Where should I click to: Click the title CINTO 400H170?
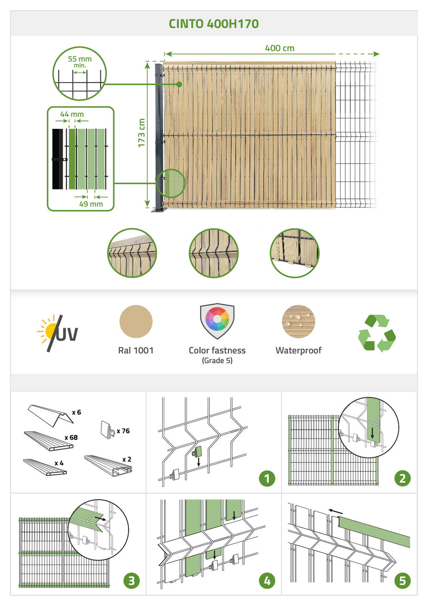(214, 24)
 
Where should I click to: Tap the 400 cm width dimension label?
(280, 48)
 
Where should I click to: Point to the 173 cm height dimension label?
(141, 133)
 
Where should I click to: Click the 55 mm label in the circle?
(80, 59)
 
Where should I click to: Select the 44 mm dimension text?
(72, 114)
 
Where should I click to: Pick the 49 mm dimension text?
(91, 204)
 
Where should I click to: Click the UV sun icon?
(57, 333)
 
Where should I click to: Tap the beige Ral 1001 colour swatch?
(136, 322)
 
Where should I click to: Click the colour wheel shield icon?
(217, 321)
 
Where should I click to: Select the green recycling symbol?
(377, 333)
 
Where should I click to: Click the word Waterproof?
(299, 350)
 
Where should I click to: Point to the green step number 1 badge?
(267, 479)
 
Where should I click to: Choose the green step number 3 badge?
(131, 581)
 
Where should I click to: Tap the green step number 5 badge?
(403, 581)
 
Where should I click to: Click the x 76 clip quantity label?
(123, 431)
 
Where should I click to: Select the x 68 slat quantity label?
(71, 438)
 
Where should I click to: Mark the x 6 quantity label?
(77, 412)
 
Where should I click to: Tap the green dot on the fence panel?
(179, 84)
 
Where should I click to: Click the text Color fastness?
(217, 350)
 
